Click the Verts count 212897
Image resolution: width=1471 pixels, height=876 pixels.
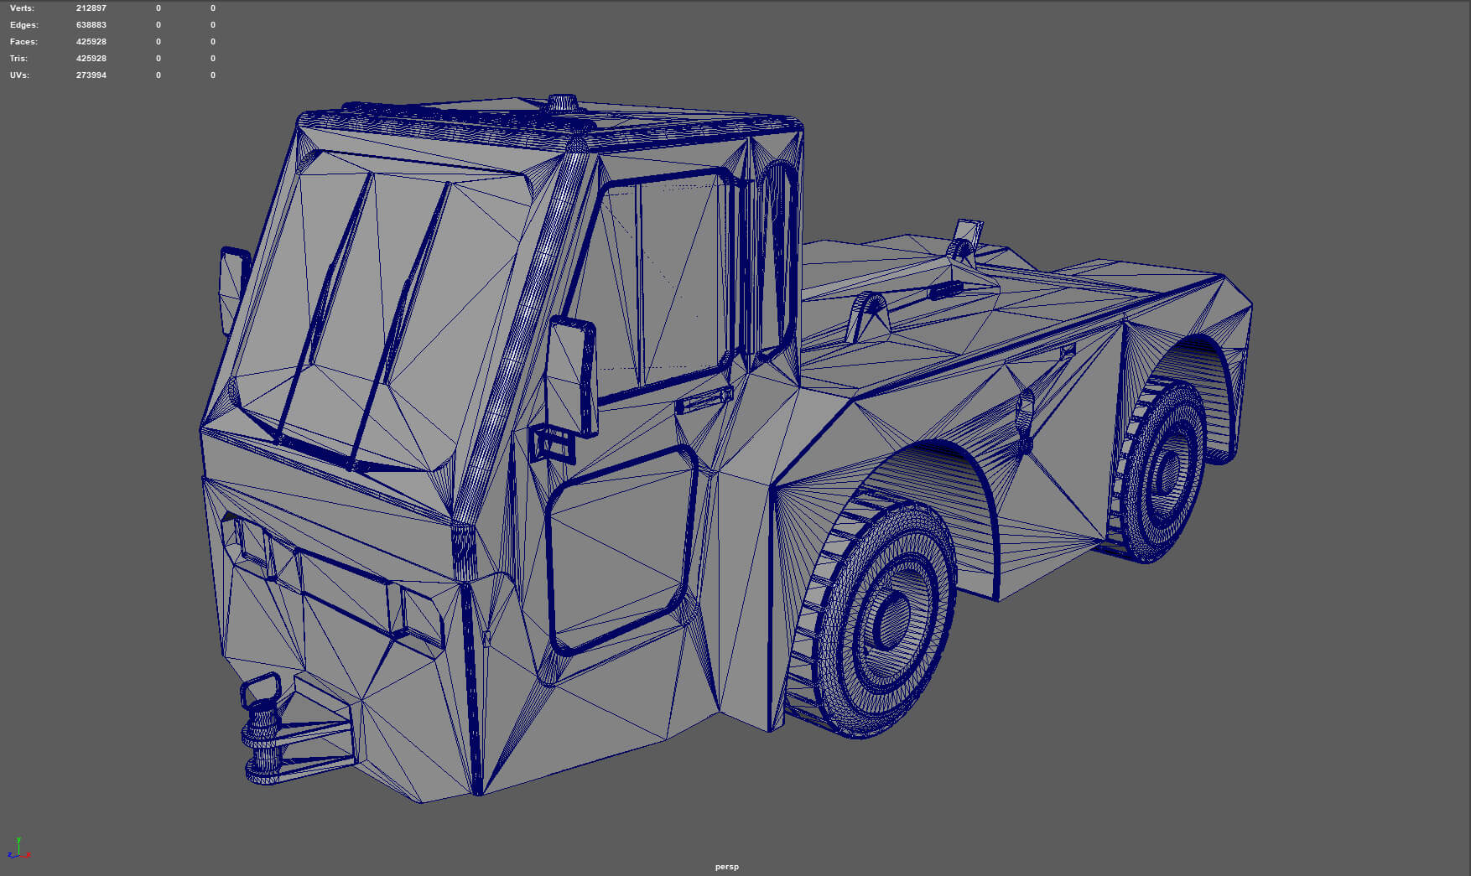[91, 8]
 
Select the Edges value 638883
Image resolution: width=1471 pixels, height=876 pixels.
[91, 25]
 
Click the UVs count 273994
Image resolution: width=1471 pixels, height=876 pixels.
[91, 75]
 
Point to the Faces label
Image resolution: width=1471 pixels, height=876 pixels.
[23, 42]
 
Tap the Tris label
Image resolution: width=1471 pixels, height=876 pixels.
[18, 59]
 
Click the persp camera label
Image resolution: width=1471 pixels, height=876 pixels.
[726, 866]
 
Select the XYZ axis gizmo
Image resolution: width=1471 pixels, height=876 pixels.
[18, 848]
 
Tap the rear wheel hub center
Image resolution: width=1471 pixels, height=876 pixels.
[1167, 473]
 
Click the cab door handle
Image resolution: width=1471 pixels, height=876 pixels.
[703, 402]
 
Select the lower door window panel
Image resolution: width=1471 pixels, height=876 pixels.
[621, 549]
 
